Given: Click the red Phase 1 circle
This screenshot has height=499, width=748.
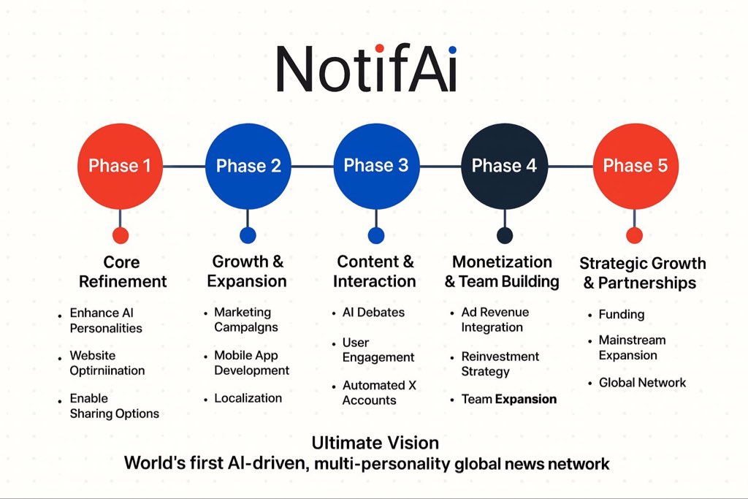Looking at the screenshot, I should pos(120,166).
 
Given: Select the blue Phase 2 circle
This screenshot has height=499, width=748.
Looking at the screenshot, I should pos(248,166).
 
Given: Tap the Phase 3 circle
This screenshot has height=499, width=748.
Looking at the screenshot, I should pos(376,166).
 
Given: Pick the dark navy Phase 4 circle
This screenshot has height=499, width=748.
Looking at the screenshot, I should pos(504,166).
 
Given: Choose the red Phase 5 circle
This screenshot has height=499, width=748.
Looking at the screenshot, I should pos(635,166).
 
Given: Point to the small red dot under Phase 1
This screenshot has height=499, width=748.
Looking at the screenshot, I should pos(121,235).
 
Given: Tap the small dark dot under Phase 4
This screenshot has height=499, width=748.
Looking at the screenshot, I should pos(504,235).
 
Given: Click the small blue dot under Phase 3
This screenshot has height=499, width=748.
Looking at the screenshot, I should pos(376,235).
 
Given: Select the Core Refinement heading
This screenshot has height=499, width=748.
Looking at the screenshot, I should pos(122,272).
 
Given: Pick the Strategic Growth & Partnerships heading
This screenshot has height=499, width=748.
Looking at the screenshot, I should pos(642,273).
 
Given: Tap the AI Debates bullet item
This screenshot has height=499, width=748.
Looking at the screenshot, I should pos(373,313).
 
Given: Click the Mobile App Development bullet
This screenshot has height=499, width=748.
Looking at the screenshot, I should pos(251,363).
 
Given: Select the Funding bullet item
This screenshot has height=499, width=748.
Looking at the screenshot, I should pos(621,315).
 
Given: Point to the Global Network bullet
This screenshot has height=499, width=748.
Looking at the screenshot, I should pos(642,383).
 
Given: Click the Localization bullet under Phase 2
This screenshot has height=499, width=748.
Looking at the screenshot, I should pos(248,398).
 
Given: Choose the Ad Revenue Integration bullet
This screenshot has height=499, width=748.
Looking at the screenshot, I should pos(495,320).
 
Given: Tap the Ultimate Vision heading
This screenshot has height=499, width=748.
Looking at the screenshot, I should pos(375,443).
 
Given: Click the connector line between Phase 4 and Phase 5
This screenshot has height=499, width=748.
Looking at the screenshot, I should pos(569,167).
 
